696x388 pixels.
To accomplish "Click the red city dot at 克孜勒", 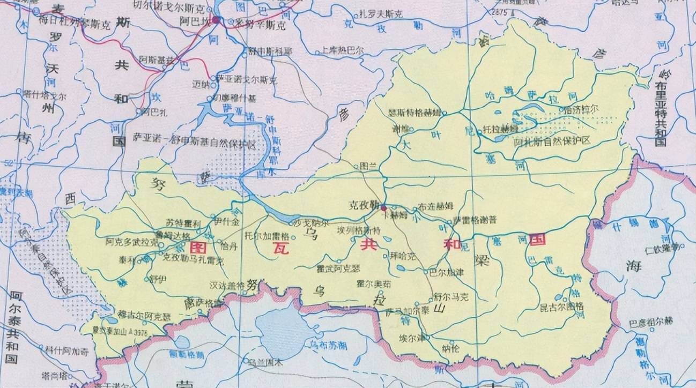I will point(383,207).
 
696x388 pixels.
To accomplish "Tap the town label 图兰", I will point(369,166).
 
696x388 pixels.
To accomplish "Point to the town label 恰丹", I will point(228,247).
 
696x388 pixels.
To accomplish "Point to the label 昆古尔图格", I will point(561,307).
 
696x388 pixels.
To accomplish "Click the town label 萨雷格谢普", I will point(475,220).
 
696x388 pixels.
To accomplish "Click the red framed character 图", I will point(198,247).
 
